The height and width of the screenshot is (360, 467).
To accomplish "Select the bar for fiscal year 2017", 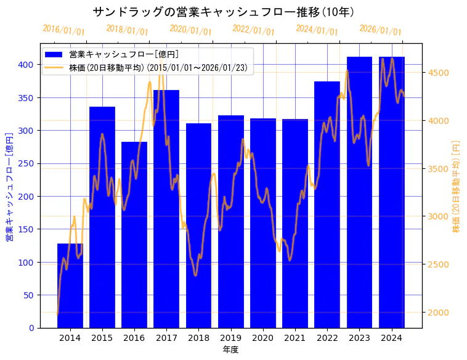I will point(166,209).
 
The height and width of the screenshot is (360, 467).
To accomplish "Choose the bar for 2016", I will point(134,235).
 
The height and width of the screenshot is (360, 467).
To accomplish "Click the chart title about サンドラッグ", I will point(223,12).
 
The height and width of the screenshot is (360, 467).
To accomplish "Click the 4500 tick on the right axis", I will point(439,73).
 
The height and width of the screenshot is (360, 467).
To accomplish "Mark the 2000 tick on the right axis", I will point(439,313).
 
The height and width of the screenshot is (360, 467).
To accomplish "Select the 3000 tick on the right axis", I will point(439,216).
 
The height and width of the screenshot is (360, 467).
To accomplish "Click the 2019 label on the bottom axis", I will point(230,338).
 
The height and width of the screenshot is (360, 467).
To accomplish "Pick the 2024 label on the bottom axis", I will point(391,338).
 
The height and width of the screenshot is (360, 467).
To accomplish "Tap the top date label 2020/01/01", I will point(190,30).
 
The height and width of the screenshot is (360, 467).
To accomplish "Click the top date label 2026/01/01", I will point(380,30).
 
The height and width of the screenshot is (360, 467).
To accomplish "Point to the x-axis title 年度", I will point(230,350).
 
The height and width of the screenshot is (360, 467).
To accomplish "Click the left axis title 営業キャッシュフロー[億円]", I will point(9,186).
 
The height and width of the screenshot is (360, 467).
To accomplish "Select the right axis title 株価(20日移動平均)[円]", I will point(457,186).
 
